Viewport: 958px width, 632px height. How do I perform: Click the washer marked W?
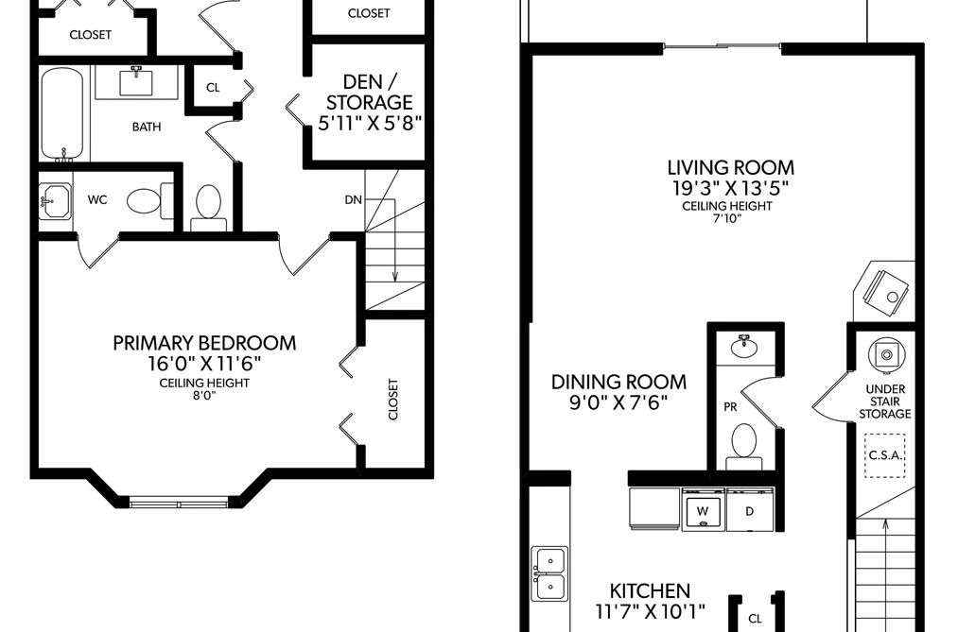(703, 509)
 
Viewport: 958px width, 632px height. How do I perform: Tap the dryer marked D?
(750, 509)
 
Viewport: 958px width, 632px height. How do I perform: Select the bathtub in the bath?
(61, 113)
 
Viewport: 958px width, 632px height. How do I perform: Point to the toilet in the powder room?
(744, 445)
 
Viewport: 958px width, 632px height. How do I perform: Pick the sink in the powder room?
(744, 346)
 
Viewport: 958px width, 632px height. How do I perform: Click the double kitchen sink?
(549, 573)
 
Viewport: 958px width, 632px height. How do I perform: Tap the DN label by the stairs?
(353, 199)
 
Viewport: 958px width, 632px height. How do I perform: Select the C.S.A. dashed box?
(885, 455)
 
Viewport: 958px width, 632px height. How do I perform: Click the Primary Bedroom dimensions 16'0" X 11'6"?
(204, 364)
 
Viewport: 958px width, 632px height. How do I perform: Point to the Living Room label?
(731, 167)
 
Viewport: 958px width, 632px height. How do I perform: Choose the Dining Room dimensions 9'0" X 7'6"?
(618, 402)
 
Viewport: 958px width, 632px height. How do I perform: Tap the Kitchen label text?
(650, 590)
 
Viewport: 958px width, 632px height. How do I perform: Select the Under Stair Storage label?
(885, 401)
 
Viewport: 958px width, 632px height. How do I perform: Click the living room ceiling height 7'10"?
(727, 218)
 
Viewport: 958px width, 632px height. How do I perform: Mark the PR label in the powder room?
(730, 407)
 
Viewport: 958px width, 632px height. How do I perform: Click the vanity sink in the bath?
(135, 82)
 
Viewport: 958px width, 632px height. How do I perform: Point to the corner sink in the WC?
(54, 200)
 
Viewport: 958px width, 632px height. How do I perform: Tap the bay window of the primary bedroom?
(179, 504)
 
